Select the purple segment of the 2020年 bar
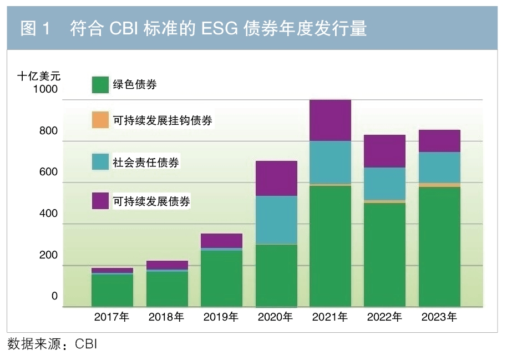[x=276, y=178]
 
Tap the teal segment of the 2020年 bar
[x=276, y=220]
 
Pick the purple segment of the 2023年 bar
[x=439, y=141]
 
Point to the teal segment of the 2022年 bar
[x=385, y=184]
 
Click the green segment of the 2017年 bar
[x=113, y=290]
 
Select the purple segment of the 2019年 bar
[x=222, y=240]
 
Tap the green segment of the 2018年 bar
[x=167, y=288]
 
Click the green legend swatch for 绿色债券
[x=100, y=85]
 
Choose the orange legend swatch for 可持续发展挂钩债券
[x=100, y=120]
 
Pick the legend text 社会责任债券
[x=146, y=162]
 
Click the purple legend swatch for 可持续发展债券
[x=100, y=201]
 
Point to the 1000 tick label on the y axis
[x=45, y=89]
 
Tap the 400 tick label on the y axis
[x=48, y=214]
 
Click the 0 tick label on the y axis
[x=54, y=296]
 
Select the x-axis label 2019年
[x=221, y=318]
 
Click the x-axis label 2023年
[x=439, y=318]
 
